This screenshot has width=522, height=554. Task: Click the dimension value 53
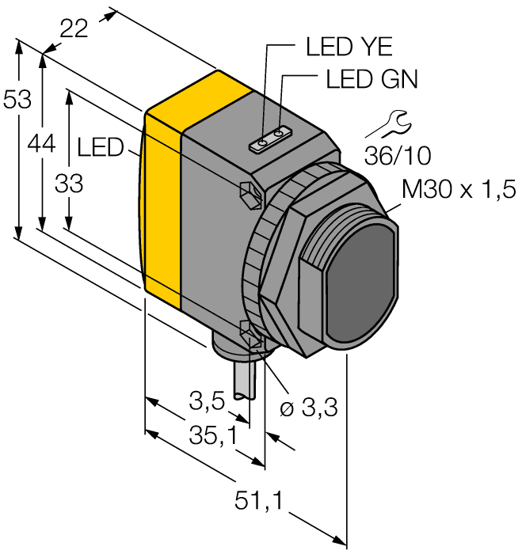pos(17,101)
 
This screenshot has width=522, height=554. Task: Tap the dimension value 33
pos(69,184)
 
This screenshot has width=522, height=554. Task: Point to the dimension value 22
pos(74,29)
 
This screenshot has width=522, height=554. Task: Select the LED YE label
pos(349,47)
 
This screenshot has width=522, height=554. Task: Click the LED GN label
pos(371,80)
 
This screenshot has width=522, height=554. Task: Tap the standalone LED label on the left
pos(100,146)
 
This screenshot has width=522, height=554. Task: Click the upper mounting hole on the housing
pos(249,192)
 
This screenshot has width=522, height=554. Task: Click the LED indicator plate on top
pos(271,141)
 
